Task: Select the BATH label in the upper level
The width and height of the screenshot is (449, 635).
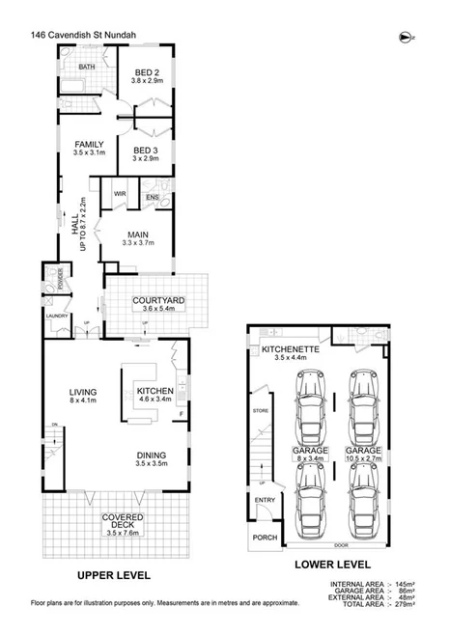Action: pyautogui.click(x=87, y=67)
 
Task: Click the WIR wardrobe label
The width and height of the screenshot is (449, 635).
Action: pyautogui.click(x=121, y=194)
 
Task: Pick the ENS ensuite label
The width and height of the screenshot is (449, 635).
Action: pyautogui.click(x=152, y=198)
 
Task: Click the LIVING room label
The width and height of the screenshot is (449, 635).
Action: pyautogui.click(x=82, y=392)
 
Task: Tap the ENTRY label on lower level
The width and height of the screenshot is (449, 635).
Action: pyautogui.click(x=264, y=499)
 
